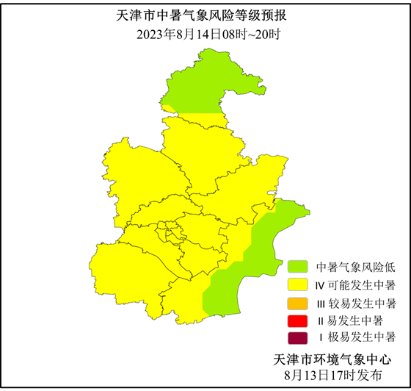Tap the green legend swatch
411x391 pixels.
coord(298,266)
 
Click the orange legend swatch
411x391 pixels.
coord(298,303)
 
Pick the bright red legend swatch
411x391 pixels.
coord(298,320)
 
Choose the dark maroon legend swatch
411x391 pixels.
coord(298,339)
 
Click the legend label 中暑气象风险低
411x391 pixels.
coord(356,266)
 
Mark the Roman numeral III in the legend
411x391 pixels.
coord(321,303)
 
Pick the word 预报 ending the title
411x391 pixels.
coord(280,16)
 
